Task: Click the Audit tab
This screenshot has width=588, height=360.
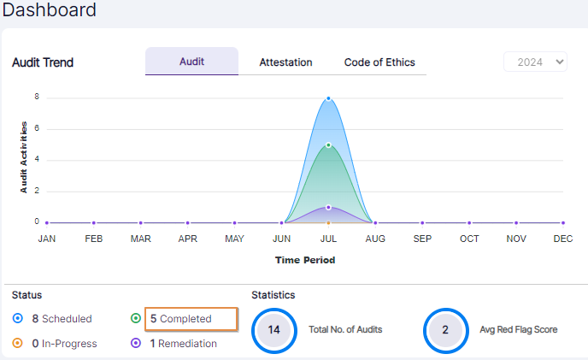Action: pyautogui.click(x=191, y=62)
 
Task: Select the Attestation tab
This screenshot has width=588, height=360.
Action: pyautogui.click(x=285, y=62)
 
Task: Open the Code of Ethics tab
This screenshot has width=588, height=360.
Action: pyautogui.click(x=379, y=62)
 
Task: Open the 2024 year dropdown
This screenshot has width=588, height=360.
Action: pyautogui.click(x=535, y=62)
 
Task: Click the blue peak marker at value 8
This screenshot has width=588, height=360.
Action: pyautogui.click(x=328, y=98)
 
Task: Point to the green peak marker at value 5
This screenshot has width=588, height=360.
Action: pyautogui.click(x=328, y=145)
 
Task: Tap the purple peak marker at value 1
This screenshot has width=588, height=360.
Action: pyautogui.click(x=328, y=207)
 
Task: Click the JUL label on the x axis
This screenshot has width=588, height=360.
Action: pyautogui.click(x=328, y=239)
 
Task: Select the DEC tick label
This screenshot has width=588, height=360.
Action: pyautogui.click(x=562, y=239)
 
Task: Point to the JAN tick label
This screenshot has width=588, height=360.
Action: pyautogui.click(x=47, y=239)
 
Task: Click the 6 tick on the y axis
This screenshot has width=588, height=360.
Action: pyautogui.click(x=37, y=128)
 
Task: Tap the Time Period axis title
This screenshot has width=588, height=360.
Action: pyautogui.click(x=305, y=259)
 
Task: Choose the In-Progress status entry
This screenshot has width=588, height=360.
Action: pyautogui.click(x=63, y=344)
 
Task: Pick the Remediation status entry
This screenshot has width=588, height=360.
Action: pyautogui.click(x=182, y=344)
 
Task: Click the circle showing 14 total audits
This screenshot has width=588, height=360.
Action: pyautogui.click(x=273, y=329)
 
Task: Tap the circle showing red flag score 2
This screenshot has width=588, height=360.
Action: pyautogui.click(x=445, y=329)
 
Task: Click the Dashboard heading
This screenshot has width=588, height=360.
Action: pyautogui.click(x=50, y=10)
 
